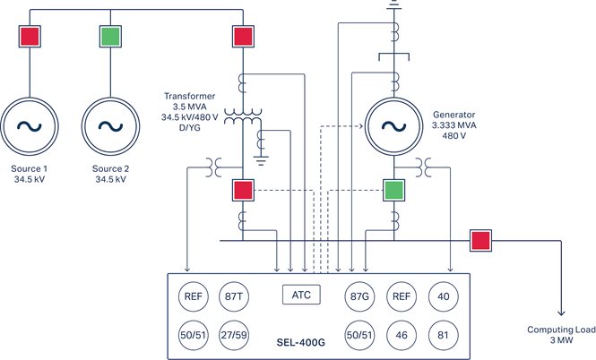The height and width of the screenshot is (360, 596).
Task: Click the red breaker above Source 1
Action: [x=31, y=36]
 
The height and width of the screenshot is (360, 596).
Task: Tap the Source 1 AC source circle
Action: [x=31, y=126]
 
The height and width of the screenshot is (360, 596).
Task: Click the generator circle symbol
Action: [x=393, y=124]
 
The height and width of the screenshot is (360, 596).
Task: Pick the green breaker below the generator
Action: [x=393, y=190]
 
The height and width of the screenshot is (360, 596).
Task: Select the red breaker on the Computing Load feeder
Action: [x=481, y=240]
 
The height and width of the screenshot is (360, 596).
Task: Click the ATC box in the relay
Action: [x=301, y=294]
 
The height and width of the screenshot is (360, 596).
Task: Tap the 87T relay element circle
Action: [x=234, y=297]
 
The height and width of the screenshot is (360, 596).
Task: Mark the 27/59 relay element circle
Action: [x=234, y=332]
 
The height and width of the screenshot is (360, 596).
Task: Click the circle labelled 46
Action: [x=402, y=332]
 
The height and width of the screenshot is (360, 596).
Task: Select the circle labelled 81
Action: [x=445, y=332]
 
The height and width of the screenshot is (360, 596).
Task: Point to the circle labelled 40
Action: [x=445, y=297]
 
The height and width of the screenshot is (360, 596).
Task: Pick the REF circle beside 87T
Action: [x=193, y=297]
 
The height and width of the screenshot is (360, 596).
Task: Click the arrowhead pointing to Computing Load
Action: [x=562, y=314]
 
